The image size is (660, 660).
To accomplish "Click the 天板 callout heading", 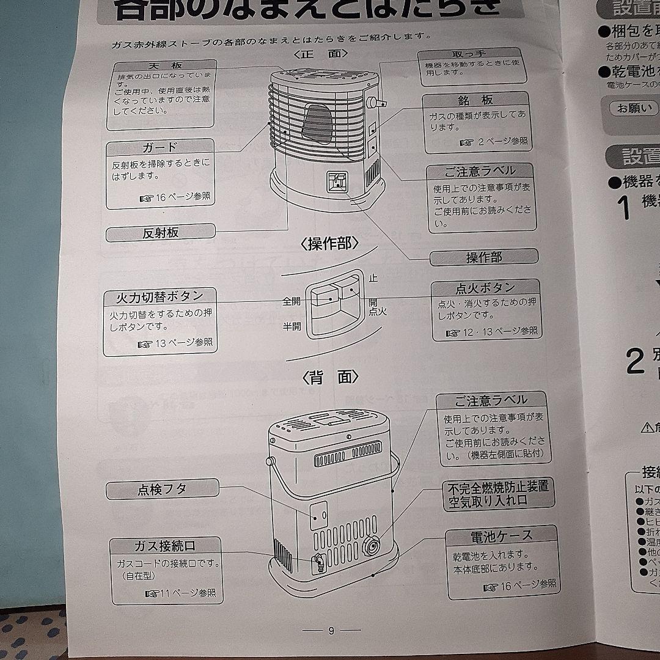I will [x=162, y=65].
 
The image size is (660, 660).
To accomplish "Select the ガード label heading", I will [x=160, y=147].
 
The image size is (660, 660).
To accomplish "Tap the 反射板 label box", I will [x=160, y=232].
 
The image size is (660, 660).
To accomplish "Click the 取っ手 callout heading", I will [x=474, y=54].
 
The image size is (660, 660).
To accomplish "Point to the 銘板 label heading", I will [x=475, y=100].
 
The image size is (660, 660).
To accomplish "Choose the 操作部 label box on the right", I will [x=484, y=257].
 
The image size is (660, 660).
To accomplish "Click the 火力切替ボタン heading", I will [x=160, y=296].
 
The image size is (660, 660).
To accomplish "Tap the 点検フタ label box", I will [x=162, y=489].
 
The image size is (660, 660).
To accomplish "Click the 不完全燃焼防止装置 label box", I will [x=498, y=494].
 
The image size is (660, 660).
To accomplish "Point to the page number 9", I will [x=331, y=631].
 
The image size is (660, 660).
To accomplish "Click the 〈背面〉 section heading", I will [x=330, y=377].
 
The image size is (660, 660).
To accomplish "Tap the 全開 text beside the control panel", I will [x=291, y=301].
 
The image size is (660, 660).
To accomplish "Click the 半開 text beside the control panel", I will [x=291, y=326].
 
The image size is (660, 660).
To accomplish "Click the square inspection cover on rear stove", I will [x=318, y=515].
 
